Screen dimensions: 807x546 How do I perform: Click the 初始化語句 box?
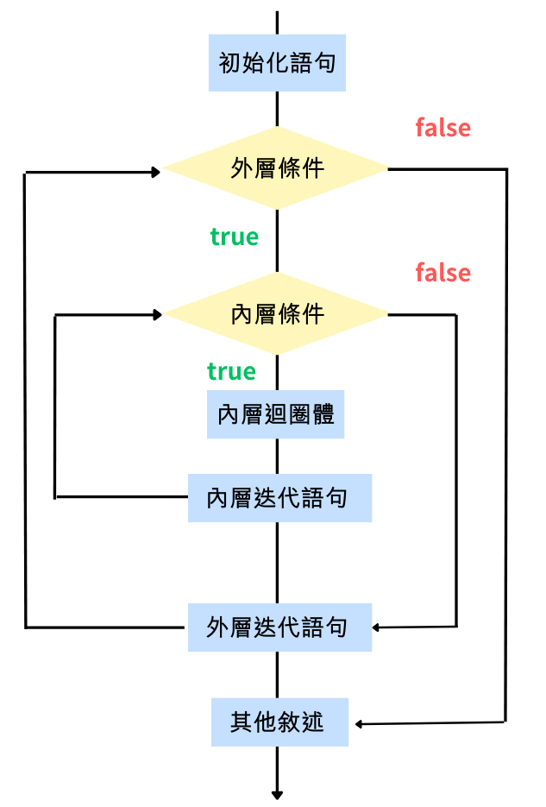[x=277, y=63]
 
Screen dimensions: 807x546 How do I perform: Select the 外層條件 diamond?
[x=277, y=168]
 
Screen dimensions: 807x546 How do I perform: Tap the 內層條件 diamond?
[x=277, y=314]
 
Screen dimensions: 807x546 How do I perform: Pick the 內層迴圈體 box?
[x=276, y=414]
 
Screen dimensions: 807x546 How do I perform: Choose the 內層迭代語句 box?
[x=279, y=498]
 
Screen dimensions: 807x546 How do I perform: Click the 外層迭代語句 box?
[x=279, y=627]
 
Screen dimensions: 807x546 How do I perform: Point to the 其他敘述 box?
[x=279, y=722]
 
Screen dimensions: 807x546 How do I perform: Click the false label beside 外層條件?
[x=442, y=129]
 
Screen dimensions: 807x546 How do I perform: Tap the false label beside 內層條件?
[x=442, y=274]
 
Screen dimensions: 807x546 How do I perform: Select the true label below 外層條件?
[x=234, y=236]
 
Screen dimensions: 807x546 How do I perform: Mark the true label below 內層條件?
[x=231, y=372]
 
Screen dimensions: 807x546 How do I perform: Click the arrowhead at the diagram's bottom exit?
[x=278, y=793]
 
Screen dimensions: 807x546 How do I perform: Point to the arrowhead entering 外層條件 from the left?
[x=156, y=172]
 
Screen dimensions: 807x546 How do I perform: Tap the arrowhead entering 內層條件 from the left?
[x=157, y=315]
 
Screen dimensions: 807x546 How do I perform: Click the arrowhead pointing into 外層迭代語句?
[x=378, y=627]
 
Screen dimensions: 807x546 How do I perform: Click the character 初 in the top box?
[x=229, y=64]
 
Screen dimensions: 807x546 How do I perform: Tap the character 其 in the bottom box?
[x=241, y=722]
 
